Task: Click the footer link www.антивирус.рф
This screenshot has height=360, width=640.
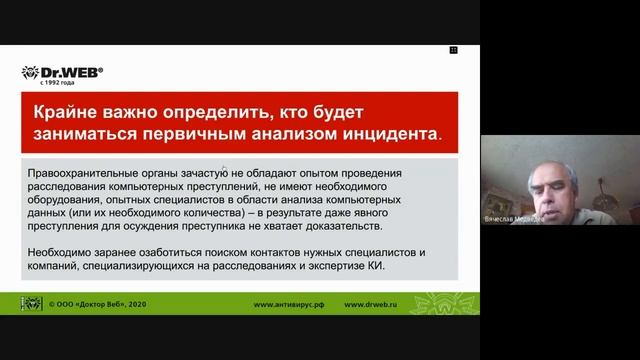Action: pos(291,304)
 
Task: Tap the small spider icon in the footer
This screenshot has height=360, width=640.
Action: pos(31,303)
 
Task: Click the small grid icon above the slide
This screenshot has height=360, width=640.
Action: pos(453,49)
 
